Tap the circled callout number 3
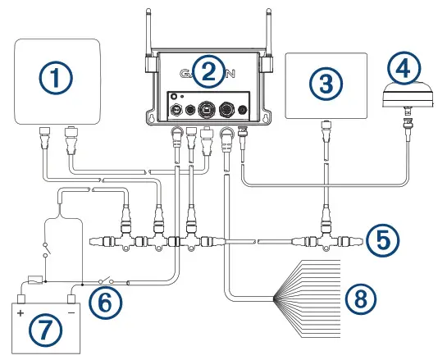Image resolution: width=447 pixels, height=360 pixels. pos(326,82)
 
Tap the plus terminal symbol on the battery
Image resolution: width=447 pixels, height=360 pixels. pos(20,312)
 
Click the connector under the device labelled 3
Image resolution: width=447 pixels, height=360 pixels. pos(326,132)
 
